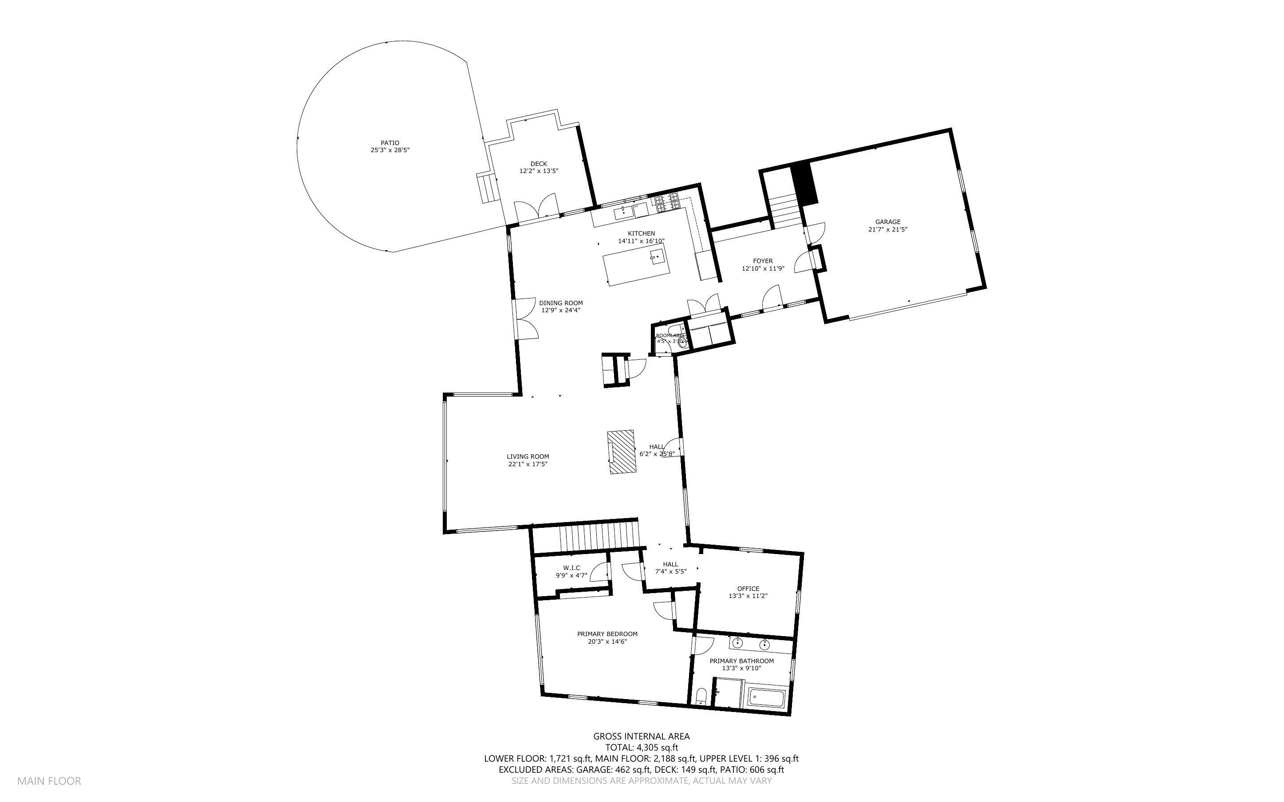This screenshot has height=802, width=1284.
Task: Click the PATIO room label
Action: [x=390, y=143]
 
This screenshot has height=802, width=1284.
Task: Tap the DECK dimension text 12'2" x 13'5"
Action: [x=538, y=171]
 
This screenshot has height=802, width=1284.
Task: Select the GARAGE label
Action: [x=887, y=222]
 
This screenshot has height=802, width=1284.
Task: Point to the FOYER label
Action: [x=763, y=261]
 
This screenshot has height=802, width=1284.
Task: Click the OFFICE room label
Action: [x=748, y=588]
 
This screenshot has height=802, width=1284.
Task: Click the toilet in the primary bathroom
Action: [x=701, y=696]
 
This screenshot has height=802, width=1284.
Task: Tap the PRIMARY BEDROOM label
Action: [x=607, y=634]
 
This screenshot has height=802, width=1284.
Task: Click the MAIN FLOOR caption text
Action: [x=49, y=781]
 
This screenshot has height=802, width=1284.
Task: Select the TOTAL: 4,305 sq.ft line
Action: [x=641, y=748]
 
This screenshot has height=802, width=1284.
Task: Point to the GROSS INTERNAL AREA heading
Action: [x=641, y=736]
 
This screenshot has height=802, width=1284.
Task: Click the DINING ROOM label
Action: [x=561, y=303]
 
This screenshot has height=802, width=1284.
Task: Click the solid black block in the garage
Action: [x=804, y=183]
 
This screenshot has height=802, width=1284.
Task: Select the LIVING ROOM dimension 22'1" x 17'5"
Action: [x=527, y=464]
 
